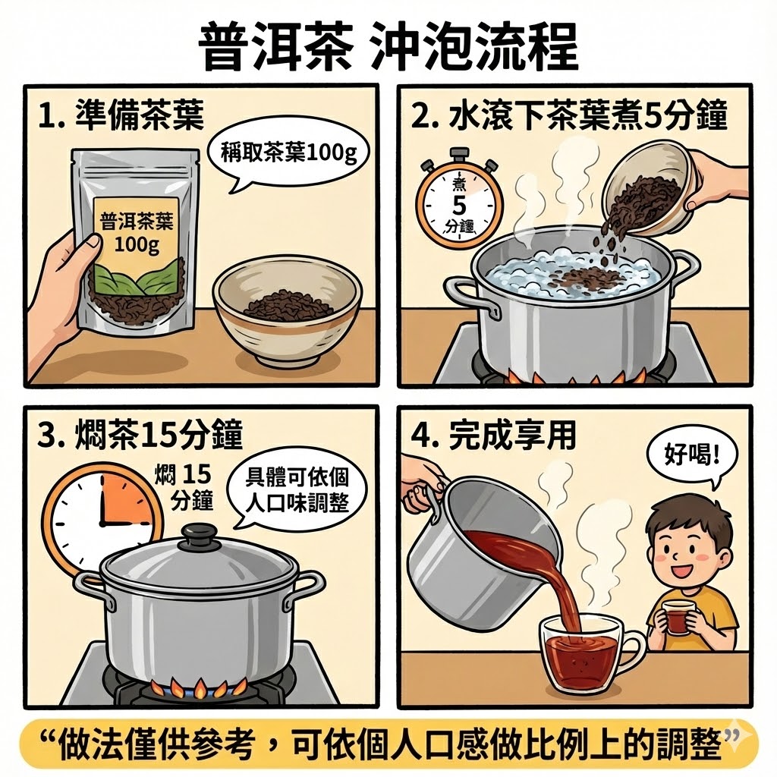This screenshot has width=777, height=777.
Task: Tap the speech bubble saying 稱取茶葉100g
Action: (x=288, y=155)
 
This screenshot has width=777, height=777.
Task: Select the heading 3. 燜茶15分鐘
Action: (x=140, y=435)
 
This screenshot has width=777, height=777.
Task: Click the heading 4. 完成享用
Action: (x=493, y=435)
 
